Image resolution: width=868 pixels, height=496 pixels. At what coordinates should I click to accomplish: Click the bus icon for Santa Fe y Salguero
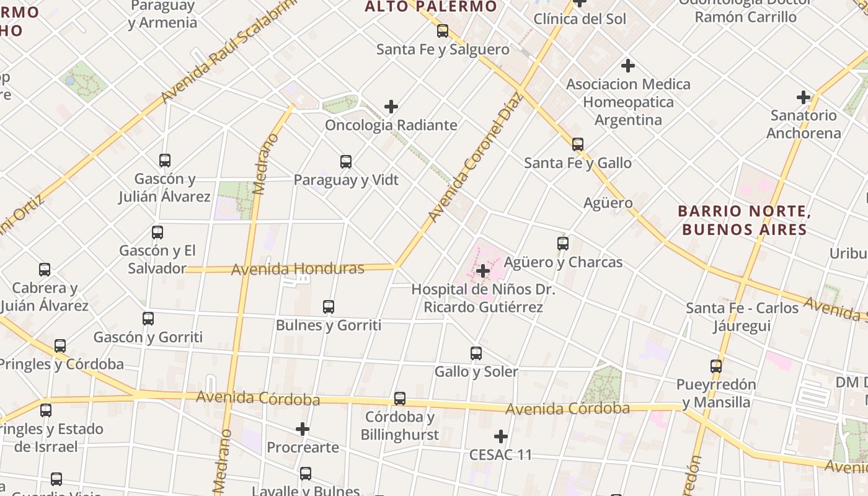pos(443,31)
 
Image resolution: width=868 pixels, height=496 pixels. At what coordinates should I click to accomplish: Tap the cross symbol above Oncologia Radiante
pos(391,107)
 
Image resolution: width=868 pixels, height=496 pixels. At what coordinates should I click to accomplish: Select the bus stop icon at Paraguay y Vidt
pos(346,162)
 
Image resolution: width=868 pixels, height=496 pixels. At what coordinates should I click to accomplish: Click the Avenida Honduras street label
pos(298,269)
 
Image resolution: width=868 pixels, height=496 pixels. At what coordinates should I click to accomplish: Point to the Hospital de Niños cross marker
pos(483,271)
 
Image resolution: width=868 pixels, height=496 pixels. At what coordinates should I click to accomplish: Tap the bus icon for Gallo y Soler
pos(476,353)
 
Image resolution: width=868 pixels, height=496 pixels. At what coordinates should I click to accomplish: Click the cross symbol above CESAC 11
pos(501,436)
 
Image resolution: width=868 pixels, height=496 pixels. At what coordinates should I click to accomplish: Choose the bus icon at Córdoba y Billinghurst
pos(400,399)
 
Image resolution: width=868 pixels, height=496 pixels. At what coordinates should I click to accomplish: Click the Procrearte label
pos(303,447)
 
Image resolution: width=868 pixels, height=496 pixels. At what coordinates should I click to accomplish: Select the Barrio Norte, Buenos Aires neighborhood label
pos(745,220)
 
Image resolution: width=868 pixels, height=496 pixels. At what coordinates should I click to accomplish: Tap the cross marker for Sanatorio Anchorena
pos(804,97)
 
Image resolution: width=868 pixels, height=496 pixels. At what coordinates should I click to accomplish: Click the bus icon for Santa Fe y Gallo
pos(578,144)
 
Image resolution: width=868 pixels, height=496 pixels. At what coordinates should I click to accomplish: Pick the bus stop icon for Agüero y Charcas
pos(563,244)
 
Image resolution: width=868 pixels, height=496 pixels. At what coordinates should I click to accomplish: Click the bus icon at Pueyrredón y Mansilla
pos(716,366)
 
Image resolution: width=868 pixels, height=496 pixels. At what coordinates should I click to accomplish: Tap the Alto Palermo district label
pos(431,7)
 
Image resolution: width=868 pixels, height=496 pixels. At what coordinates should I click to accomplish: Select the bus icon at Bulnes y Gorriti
pos(329,307)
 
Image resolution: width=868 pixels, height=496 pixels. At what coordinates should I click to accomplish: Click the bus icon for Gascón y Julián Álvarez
pos(165,161)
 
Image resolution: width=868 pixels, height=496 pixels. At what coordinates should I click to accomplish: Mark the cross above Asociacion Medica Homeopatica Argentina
pos(628,66)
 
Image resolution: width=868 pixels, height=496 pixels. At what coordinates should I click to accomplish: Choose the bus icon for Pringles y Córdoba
pos(60,346)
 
